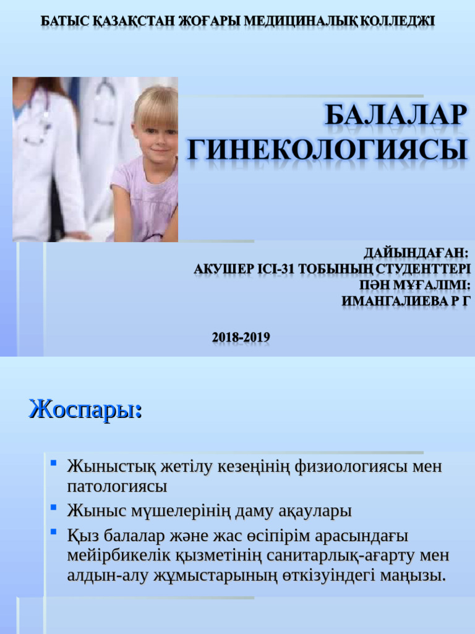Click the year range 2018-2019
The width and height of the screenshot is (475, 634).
pyautogui.click(x=241, y=337)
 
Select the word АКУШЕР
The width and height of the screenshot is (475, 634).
pyautogui.click(x=223, y=269)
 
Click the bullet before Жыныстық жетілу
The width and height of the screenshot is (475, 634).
pyautogui.click(x=54, y=462)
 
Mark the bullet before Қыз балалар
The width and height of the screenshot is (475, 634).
pyautogui.click(x=54, y=531)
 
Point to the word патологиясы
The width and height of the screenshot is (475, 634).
pyautogui.click(x=117, y=487)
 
